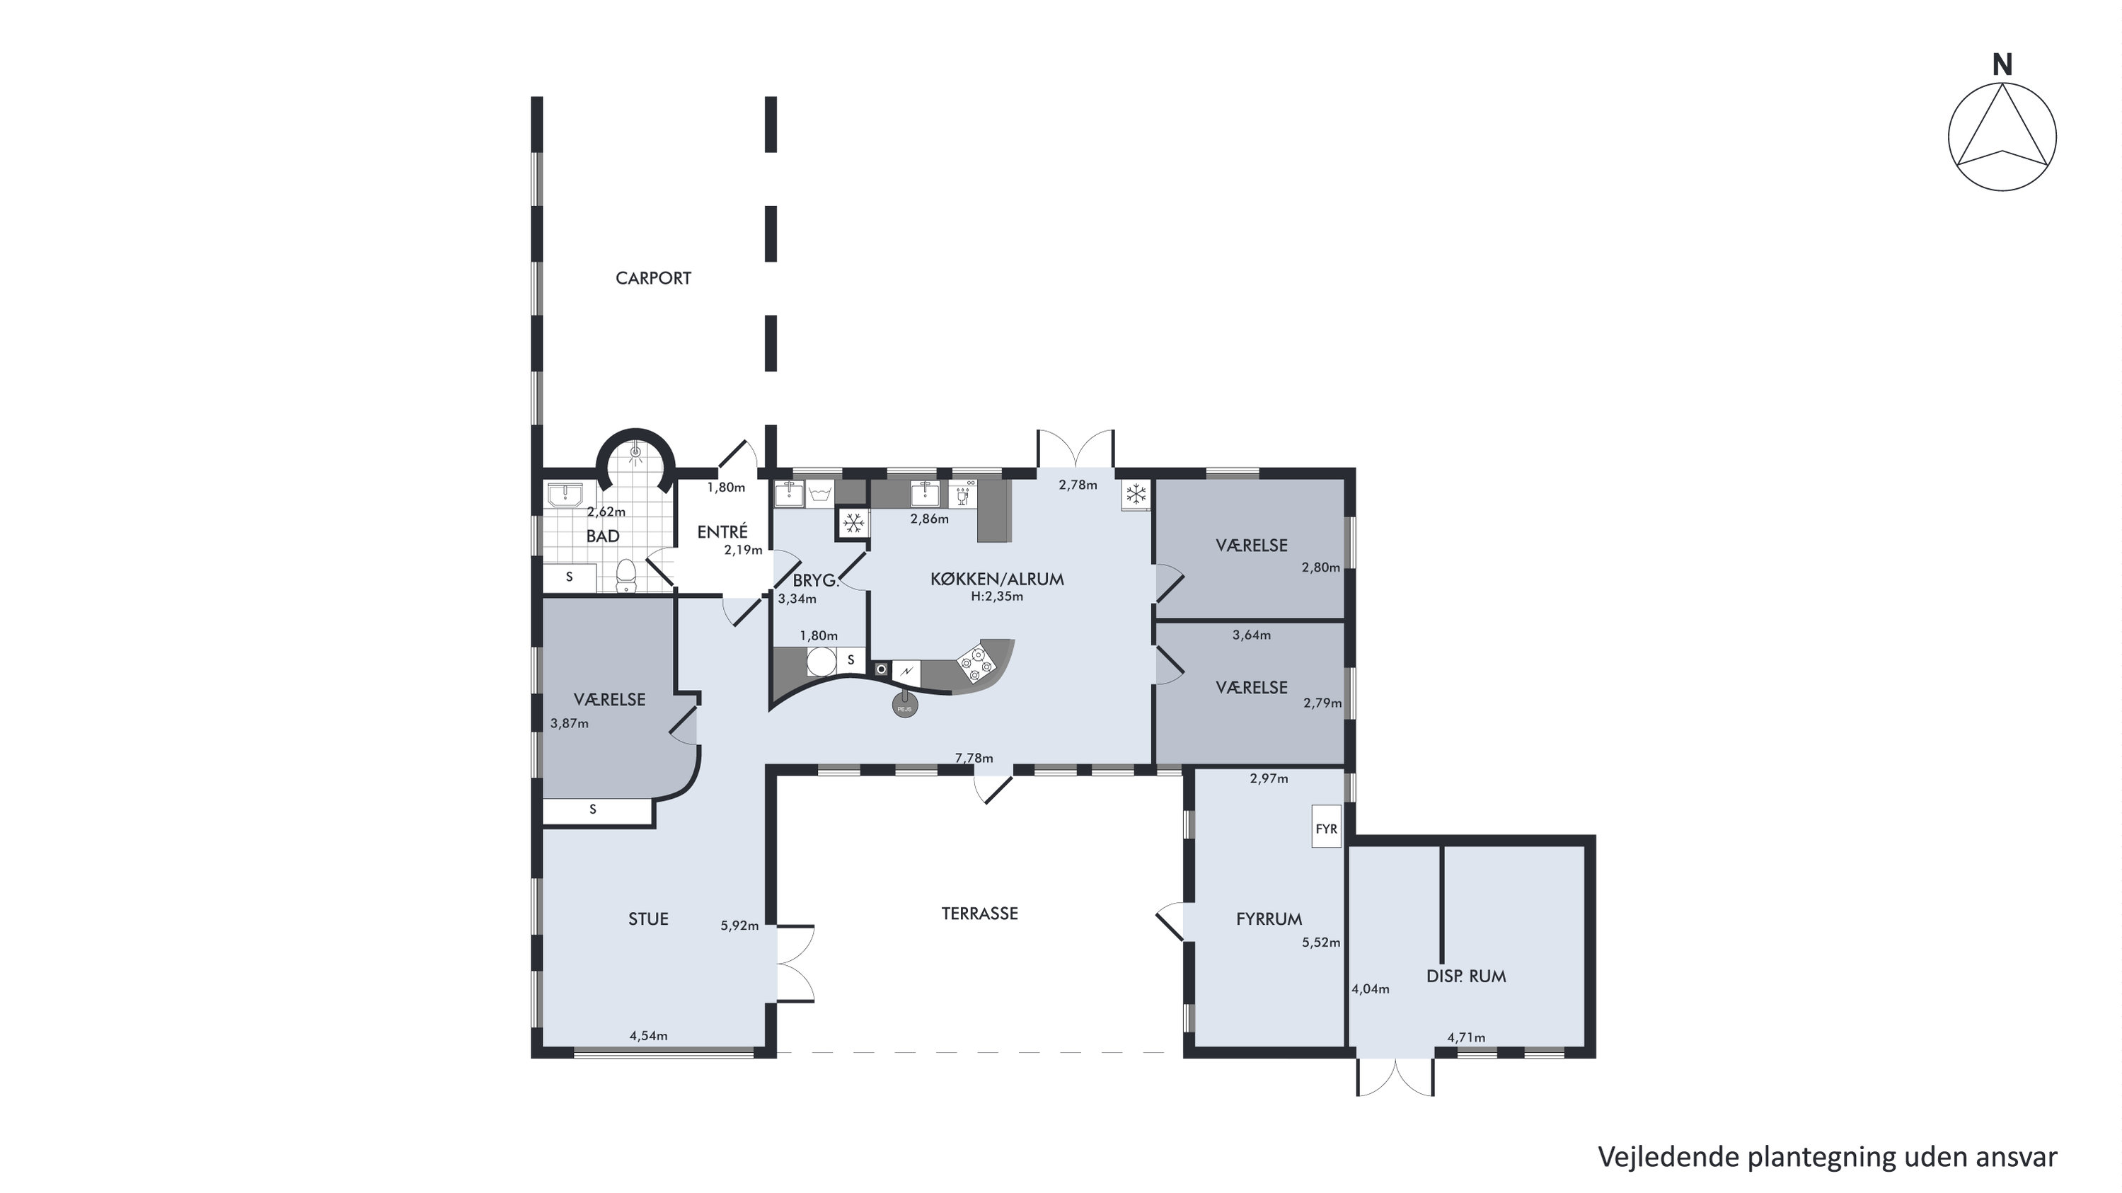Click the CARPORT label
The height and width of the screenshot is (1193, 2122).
click(x=653, y=279)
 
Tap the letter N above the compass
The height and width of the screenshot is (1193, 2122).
click(x=2002, y=64)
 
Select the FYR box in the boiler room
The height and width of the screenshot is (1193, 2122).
click(x=1326, y=826)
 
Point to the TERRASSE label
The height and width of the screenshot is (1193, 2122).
click(x=979, y=914)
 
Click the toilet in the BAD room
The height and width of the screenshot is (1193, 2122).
click(x=627, y=575)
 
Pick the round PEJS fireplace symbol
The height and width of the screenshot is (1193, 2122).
click(x=904, y=705)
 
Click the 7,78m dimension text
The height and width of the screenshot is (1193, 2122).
click(x=974, y=758)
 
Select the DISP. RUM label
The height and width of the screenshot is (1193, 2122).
click(x=1466, y=976)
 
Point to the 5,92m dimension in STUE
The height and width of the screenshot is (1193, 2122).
click(x=739, y=926)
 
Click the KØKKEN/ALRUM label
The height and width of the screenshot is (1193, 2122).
click(x=997, y=580)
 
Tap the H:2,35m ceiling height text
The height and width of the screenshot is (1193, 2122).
click(x=997, y=596)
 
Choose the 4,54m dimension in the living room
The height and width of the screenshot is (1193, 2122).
click(x=648, y=1036)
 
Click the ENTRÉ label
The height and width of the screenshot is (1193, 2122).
click(x=722, y=532)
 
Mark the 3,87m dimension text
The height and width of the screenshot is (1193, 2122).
click(x=569, y=723)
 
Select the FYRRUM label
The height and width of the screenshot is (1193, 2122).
click(x=1269, y=919)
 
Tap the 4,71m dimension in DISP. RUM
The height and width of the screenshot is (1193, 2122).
click(x=1466, y=1037)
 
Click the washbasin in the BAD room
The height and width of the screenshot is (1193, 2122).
click(x=565, y=495)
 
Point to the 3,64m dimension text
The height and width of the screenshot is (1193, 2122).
click(x=1251, y=635)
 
